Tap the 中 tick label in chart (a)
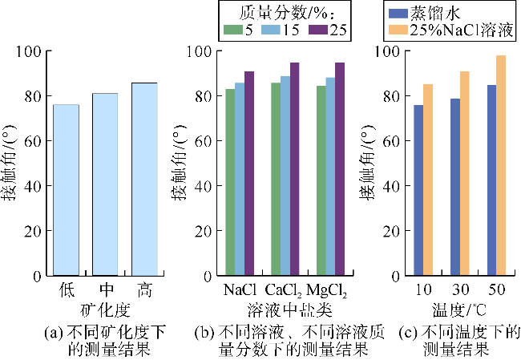pyautogui.click(x=105, y=289)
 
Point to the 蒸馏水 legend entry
pyautogui.click(x=430, y=11)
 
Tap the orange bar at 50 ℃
pyautogui.click(x=501, y=165)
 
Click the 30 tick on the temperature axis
pyautogui.click(x=459, y=289)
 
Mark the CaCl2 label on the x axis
pyautogui.click(x=285, y=289)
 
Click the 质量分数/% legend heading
pyautogui.click(x=281, y=11)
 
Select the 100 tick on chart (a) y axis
pyautogui.click(x=30, y=51)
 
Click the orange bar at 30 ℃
pyautogui.click(x=465, y=173)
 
